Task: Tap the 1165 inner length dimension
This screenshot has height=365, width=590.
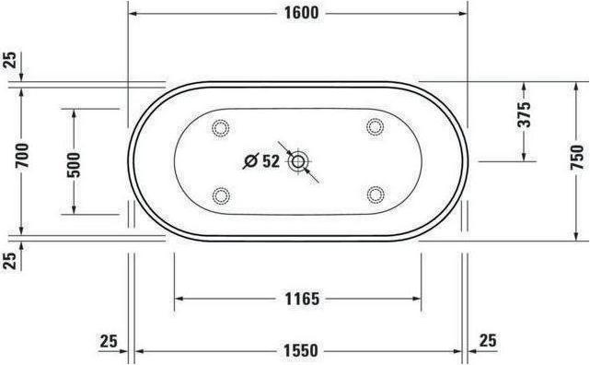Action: [x=298, y=299]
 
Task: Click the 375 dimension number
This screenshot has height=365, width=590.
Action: [x=523, y=115]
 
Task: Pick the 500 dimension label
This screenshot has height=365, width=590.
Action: [x=75, y=161]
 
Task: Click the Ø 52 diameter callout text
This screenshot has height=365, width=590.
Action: [x=260, y=161]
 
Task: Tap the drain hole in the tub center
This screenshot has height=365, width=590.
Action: [x=297, y=162]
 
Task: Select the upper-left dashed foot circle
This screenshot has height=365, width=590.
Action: [x=221, y=128]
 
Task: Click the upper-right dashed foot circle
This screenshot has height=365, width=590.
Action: [x=375, y=126]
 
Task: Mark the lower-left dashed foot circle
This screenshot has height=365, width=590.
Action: [x=221, y=194]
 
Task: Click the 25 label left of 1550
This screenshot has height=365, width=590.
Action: [x=110, y=341]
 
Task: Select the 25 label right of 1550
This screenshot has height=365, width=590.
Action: [x=487, y=341]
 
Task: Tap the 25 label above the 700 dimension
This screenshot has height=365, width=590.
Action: [x=10, y=62]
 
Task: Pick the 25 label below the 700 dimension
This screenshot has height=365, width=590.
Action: [x=10, y=260]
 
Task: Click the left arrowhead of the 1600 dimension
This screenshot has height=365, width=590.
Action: [x=133, y=13]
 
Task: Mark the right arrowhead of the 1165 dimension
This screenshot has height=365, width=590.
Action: [x=417, y=299]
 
